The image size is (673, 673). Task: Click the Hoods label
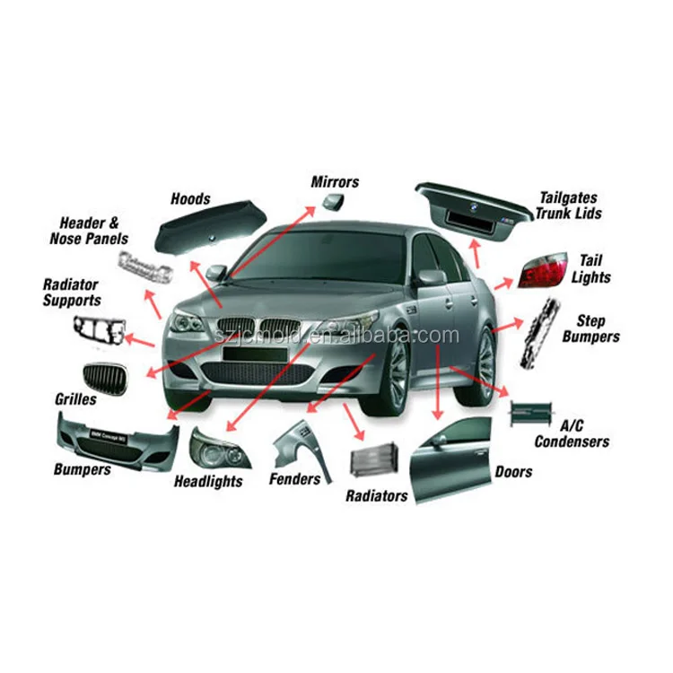[189, 199]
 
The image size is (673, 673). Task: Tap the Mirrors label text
[335, 182]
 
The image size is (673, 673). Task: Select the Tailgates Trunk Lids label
[568, 205]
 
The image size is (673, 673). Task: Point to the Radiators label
[377, 495]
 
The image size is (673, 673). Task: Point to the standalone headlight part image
[216, 448]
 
